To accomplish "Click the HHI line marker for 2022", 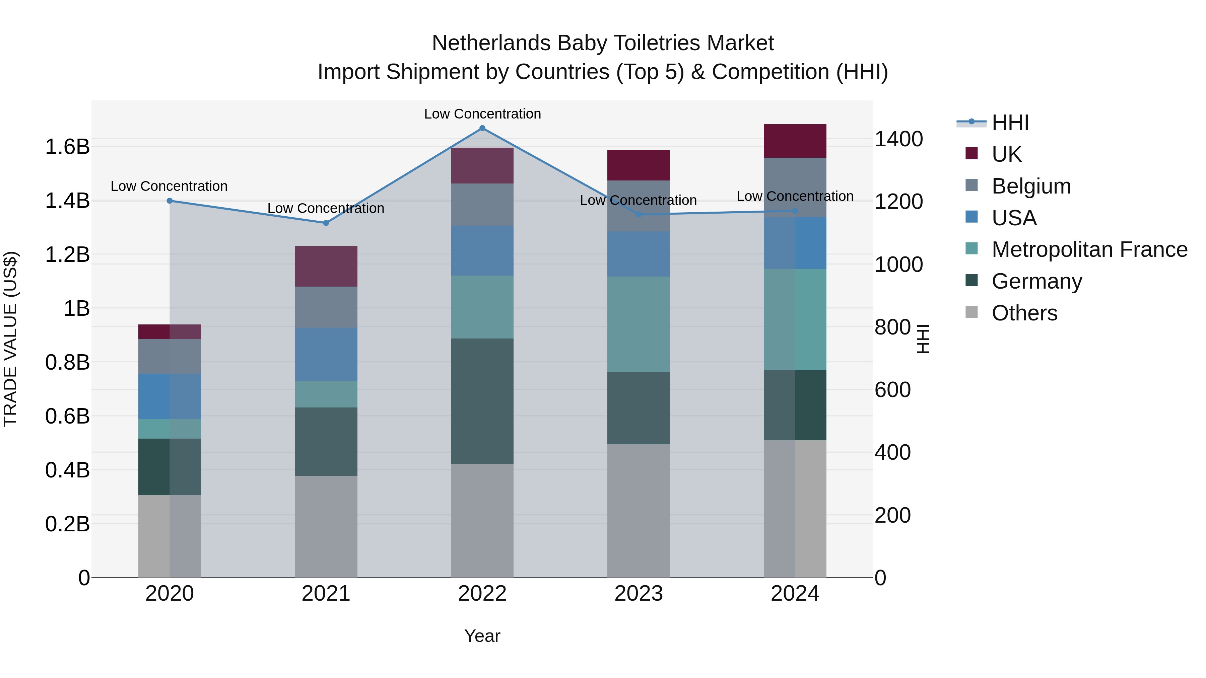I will pyautogui.click(x=482, y=128).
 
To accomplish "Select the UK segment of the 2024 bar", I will pyautogui.click(x=795, y=141).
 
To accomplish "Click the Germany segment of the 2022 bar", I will pyautogui.click(x=482, y=401).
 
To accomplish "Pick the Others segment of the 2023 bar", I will pyautogui.click(x=638, y=511).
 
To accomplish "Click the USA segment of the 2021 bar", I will pyautogui.click(x=326, y=354).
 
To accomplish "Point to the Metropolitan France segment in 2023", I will pyautogui.click(x=638, y=324).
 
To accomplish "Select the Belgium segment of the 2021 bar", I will pyautogui.click(x=326, y=307).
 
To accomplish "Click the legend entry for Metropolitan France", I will pyautogui.click(x=1089, y=249).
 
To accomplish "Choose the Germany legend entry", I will pyautogui.click(x=1036, y=281).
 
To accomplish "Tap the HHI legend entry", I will pyautogui.click(x=1010, y=123).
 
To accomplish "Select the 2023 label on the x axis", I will pyautogui.click(x=638, y=594).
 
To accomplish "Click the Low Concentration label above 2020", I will pyautogui.click(x=169, y=186).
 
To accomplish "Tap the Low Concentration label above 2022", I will pyautogui.click(x=482, y=114).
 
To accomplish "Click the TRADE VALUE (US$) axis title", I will pyautogui.click(x=10, y=339).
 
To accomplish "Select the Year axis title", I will pyautogui.click(x=482, y=636).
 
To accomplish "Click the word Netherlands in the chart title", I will pyautogui.click(x=491, y=43).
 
